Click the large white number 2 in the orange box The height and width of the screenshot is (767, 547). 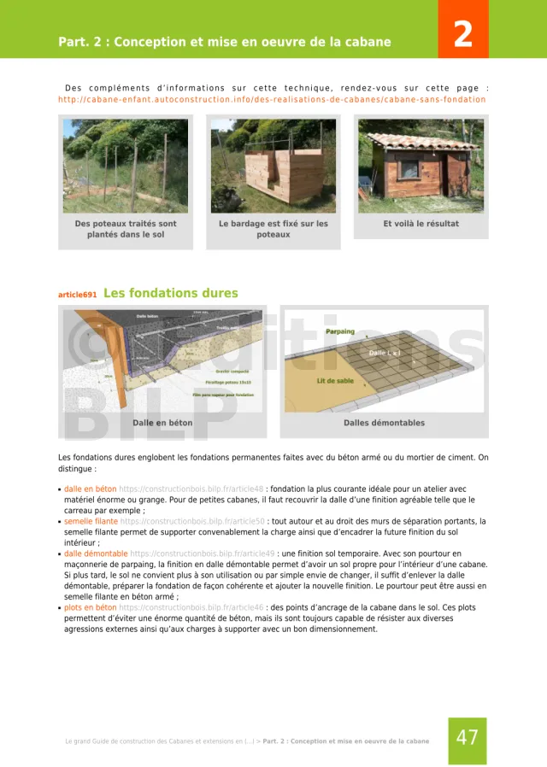pos(462,34)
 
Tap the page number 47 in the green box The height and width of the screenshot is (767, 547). pos(468,738)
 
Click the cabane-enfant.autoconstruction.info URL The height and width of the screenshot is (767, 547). pos(272,99)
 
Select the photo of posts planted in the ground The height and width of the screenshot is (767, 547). pos(126,166)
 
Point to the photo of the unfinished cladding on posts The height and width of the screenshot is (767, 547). pos(273,166)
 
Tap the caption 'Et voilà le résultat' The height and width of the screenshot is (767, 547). pos(421,224)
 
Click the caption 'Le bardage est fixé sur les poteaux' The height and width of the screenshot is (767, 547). pos(273,229)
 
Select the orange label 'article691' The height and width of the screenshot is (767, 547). pos(77,295)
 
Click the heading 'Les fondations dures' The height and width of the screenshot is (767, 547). pos(170,293)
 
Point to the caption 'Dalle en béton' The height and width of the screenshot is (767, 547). pos(162,423)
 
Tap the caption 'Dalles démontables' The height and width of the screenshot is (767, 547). pos(384,423)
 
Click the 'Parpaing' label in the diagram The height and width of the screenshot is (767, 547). pos(340,331)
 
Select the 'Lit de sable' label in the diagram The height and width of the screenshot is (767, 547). pos(335,381)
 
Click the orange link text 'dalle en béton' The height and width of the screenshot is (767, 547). pos(91,489)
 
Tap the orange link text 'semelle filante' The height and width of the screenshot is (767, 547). pos(91,521)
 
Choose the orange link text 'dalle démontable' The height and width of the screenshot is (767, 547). pos(95,553)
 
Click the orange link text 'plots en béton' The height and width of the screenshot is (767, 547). pos(91,607)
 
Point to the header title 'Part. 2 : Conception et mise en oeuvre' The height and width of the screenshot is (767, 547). pos(225,42)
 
